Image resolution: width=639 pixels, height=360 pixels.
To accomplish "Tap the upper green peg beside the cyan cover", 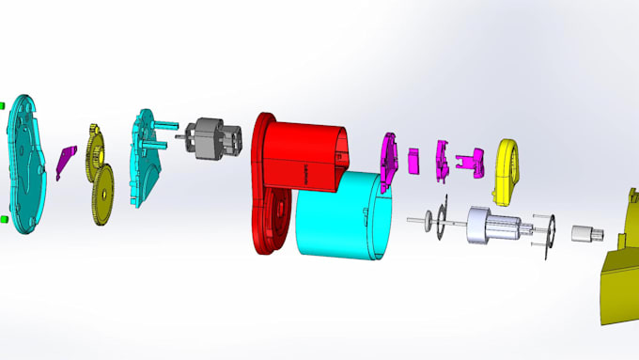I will [x=3, y=104].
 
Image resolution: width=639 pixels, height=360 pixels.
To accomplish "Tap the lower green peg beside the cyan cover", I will [x=4, y=219].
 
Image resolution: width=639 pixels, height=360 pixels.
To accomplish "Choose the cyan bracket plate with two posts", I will [x=145, y=160].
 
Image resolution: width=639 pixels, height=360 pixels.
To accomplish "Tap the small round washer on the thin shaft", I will [x=431, y=221].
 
